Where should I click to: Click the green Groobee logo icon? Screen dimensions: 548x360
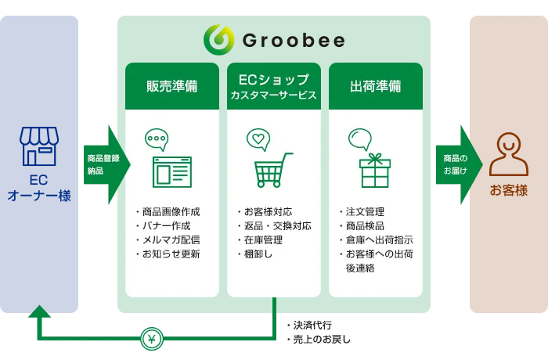point(218,39)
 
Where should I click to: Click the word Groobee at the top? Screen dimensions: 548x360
point(294,40)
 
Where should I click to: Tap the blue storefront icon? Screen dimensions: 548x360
point(39,146)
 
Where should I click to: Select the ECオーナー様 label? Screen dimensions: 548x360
point(39,188)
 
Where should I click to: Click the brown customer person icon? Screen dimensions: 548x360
point(509,154)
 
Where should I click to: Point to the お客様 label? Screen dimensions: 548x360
point(509,190)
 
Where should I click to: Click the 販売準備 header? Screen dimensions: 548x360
point(172,86)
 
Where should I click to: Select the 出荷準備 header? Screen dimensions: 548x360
point(376,86)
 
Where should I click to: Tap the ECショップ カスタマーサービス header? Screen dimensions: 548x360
point(274,86)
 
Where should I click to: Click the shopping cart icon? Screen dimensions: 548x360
point(273,170)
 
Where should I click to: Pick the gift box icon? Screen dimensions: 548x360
point(375,170)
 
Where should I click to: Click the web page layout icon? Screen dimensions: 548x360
point(172,172)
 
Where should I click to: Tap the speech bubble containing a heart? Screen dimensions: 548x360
point(258,139)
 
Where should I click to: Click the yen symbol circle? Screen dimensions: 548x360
point(152,339)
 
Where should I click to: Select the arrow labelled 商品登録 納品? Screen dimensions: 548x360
point(107,164)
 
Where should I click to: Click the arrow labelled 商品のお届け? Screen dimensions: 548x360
point(460,164)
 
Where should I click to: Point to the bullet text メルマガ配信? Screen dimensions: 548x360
point(171,240)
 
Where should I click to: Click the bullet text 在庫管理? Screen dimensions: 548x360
point(263,240)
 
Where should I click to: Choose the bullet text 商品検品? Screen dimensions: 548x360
point(365,226)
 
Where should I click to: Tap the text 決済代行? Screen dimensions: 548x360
point(312,326)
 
